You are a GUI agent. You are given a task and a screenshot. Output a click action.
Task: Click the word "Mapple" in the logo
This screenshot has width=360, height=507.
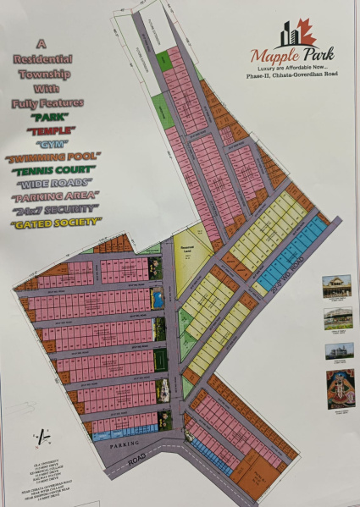coord(269,56)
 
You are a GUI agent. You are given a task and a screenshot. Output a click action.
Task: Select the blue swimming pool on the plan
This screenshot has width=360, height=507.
coord(158,299)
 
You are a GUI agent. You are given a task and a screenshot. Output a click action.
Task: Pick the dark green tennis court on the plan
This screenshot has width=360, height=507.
coord(158,361)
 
